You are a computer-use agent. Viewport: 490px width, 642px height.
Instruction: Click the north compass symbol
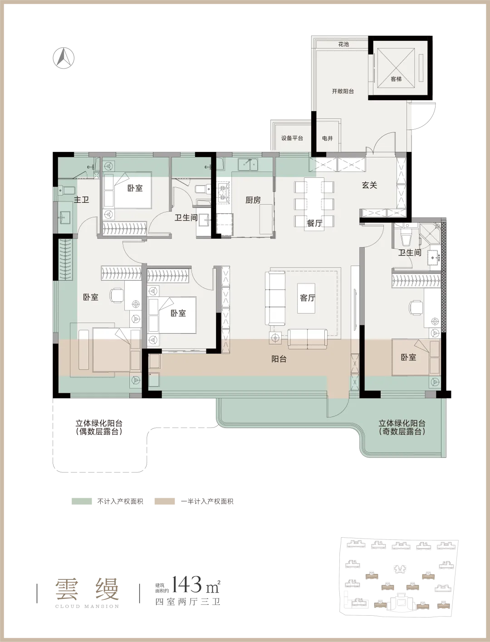pyautogui.click(x=64, y=58)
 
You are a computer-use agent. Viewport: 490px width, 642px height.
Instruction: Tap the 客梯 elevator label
pyautogui.click(x=396, y=78)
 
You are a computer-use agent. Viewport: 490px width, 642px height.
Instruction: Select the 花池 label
pyautogui.click(x=343, y=44)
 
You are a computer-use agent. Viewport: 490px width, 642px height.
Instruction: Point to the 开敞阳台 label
pyautogui.click(x=343, y=91)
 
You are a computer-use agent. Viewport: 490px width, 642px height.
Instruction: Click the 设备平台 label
pyautogui.click(x=292, y=138)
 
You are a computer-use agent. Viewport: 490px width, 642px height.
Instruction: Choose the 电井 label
pyautogui.click(x=328, y=138)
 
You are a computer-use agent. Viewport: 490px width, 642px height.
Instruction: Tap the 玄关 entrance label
pyautogui.click(x=370, y=185)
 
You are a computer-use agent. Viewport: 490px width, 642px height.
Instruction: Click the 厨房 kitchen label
pyautogui.click(x=253, y=200)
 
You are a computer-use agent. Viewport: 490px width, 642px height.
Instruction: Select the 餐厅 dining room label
pyautogui.click(x=314, y=223)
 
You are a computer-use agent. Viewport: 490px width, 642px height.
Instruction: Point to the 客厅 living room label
pyautogui.click(x=308, y=298)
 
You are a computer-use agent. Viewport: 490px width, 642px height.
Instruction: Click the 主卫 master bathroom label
pyautogui.click(x=81, y=200)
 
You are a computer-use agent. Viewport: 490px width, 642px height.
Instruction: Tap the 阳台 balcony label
pyautogui.click(x=279, y=359)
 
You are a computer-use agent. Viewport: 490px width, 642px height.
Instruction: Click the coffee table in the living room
pyautogui.click(x=306, y=299)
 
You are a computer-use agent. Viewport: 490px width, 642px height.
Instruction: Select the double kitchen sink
pyautogui.click(x=248, y=165)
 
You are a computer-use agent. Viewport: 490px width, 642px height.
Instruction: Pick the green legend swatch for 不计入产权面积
pyautogui.click(x=82, y=501)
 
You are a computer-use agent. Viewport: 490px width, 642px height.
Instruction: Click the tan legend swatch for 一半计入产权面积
pyautogui.click(x=165, y=501)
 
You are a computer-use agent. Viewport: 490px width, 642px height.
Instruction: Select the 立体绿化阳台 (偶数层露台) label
pyautogui.click(x=99, y=427)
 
